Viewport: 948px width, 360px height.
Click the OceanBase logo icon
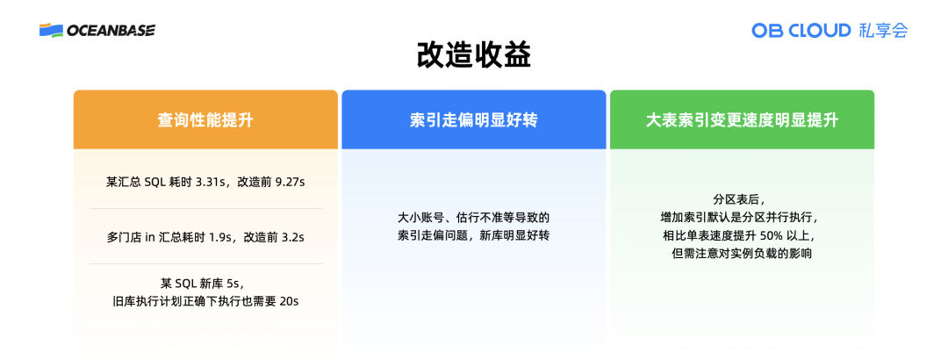[x=51, y=30]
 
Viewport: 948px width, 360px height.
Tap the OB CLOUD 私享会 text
[x=829, y=30]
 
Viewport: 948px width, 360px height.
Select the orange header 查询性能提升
[x=205, y=120]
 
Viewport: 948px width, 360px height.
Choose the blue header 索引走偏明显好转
[x=473, y=120]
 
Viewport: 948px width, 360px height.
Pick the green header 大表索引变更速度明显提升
[x=742, y=120]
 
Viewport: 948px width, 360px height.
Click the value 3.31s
[x=211, y=182]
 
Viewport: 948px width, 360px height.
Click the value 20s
[x=296, y=301]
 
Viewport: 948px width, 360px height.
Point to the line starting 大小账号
[x=473, y=218]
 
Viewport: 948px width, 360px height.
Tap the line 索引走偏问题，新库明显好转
[x=473, y=236]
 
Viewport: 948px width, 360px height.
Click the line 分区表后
[x=743, y=199]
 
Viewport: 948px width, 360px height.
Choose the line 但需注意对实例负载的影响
[x=743, y=255]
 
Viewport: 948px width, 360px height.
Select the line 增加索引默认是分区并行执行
[x=743, y=218]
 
